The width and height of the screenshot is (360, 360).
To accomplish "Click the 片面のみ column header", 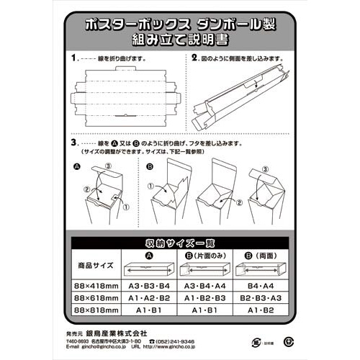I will pyautogui.click(x=204, y=255).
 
